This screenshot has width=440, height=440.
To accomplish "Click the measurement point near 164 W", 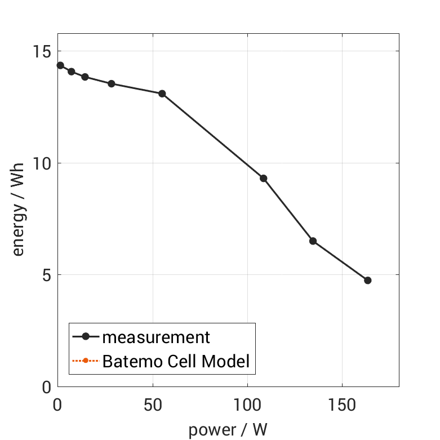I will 368,280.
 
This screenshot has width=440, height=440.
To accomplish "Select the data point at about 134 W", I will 313,241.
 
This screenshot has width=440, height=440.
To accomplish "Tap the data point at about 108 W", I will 263,178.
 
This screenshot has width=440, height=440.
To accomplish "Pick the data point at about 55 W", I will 162,94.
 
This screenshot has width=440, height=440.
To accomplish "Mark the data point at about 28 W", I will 112,83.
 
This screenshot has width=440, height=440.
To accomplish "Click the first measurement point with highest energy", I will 60,65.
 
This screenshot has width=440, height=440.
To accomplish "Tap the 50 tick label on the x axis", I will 153,405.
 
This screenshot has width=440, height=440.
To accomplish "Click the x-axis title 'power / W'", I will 228,430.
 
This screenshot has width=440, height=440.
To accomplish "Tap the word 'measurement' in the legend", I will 156,337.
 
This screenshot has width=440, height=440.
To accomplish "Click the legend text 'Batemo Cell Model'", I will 176,361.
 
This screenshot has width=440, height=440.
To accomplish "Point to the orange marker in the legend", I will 86,361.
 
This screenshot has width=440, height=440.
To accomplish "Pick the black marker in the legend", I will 86,337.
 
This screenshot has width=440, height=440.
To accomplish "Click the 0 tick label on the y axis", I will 46,388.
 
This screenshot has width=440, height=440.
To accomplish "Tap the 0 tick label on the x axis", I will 57,405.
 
